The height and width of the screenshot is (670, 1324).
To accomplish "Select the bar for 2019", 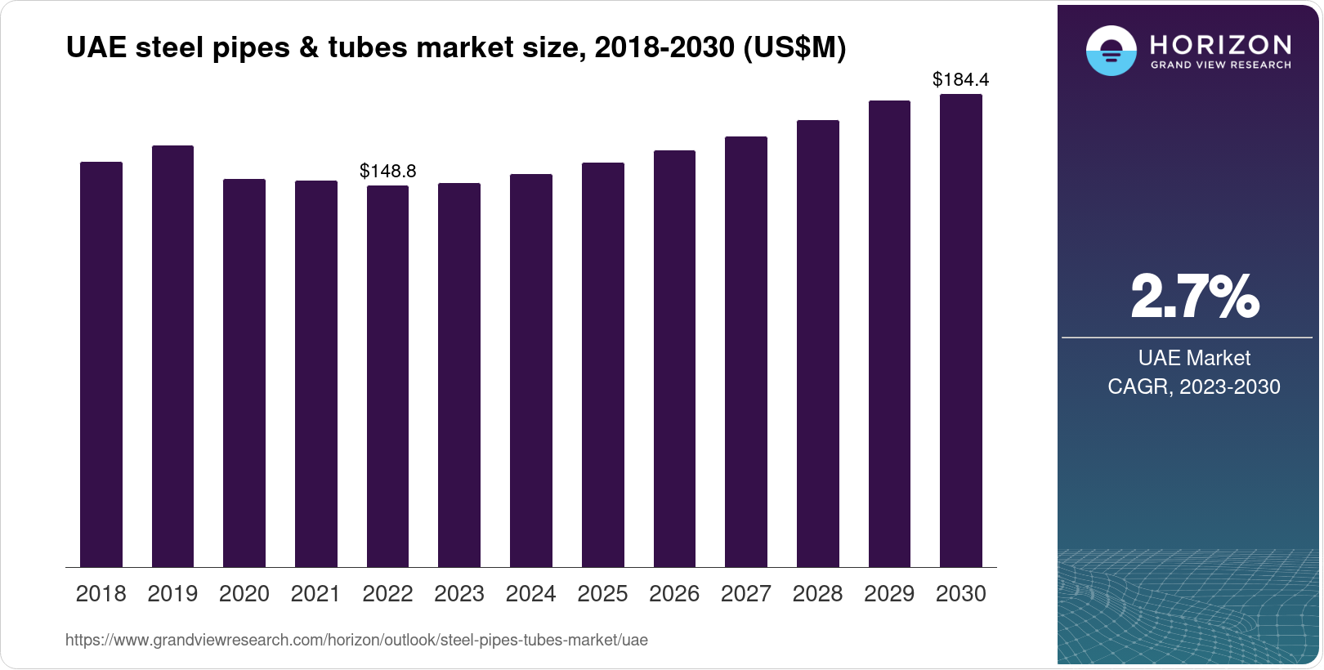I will click(172, 356).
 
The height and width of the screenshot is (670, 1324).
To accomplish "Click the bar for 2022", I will click(387, 376).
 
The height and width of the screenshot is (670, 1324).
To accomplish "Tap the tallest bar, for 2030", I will click(960, 331).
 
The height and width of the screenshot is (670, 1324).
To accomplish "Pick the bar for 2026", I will click(674, 359).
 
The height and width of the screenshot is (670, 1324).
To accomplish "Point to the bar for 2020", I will click(244, 373).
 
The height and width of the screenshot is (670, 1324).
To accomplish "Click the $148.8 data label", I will click(388, 171).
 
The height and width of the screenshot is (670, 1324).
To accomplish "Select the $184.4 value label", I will click(960, 79).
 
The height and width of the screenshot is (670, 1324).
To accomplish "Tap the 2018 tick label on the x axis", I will click(101, 594).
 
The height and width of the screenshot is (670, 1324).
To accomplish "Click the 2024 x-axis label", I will click(530, 594).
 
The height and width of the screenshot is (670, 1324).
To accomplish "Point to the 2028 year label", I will click(817, 594).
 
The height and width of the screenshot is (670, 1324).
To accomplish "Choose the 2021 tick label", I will click(315, 594).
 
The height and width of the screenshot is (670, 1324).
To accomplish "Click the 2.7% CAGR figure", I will click(1194, 297).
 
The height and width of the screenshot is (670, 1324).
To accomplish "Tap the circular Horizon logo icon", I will click(1111, 51).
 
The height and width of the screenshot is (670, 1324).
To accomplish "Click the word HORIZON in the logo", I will click(1220, 44).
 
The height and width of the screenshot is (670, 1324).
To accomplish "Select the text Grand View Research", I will click(1220, 65).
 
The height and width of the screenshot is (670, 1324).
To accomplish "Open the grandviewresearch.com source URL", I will click(356, 641).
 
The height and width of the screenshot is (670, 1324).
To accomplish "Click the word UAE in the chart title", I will click(96, 48).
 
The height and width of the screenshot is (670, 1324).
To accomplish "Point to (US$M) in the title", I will click(794, 48).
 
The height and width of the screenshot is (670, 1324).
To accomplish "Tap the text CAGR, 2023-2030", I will click(1193, 386).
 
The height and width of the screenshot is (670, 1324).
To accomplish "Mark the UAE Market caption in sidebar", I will click(1194, 358).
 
